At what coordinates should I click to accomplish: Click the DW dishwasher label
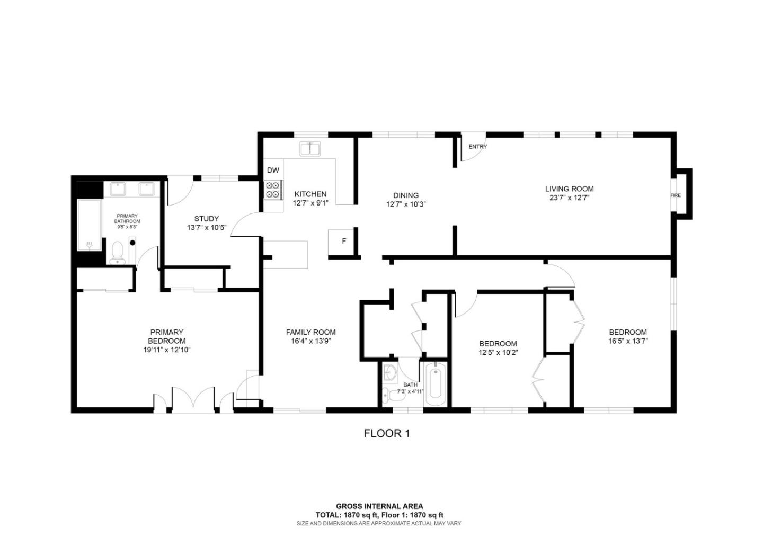pos(273,170)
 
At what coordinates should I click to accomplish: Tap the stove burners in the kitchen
pos(273,190)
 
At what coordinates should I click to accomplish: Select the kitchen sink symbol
pos(309,149)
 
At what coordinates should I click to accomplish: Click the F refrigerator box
pos(343,242)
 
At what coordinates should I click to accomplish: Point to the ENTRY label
pos(477,147)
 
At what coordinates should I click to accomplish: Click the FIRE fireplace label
pos(676,195)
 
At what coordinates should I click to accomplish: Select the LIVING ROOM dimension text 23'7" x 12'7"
pos(570,198)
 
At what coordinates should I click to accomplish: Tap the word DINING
pos(406,195)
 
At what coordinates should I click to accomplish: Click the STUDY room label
pos(206,219)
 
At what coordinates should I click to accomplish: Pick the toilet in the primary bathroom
pos(117,252)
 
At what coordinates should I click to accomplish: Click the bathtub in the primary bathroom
pos(90,225)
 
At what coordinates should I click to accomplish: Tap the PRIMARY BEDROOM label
pos(166,337)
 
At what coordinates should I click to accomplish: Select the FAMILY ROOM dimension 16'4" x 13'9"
pos(310,341)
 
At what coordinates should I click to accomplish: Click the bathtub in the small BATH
pos(436,383)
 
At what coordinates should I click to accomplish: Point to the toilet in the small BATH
pos(387,394)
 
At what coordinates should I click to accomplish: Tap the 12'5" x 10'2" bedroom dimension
pos(498,352)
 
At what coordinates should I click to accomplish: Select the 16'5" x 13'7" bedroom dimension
pos(628,341)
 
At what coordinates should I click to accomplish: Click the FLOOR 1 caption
pos(387,433)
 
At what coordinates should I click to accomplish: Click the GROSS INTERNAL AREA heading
pos(379,506)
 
